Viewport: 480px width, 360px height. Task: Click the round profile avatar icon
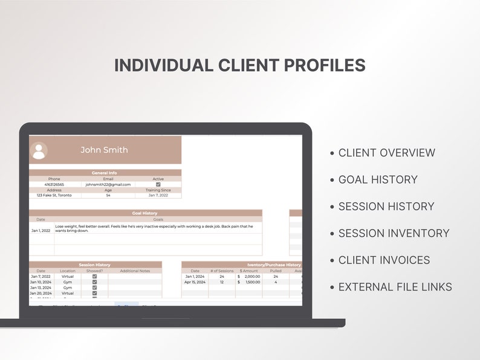point(39,150)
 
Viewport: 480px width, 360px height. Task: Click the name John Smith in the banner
point(105,150)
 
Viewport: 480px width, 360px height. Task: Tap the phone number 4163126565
point(54,184)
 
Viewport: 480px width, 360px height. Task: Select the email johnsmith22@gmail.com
point(108,184)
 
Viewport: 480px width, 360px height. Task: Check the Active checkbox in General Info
point(158,184)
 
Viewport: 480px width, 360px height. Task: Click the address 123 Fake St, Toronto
point(54,195)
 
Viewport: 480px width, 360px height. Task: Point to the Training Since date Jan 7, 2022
point(158,195)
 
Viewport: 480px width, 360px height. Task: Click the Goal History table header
point(145,213)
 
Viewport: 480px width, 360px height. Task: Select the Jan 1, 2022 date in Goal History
point(41,230)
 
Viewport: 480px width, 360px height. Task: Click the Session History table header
point(95,265)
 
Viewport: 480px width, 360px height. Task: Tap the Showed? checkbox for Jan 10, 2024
point(94,282)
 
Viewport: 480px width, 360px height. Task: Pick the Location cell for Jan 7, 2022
point(68,277)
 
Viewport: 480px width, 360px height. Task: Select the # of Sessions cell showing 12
point(222,282)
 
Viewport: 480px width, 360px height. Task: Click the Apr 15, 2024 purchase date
point(195,282)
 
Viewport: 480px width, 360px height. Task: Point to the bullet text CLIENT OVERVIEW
point(386,153)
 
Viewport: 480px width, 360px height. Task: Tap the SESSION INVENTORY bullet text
point(394,233)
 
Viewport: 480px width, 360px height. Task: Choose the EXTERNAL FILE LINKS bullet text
point(395,287)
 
